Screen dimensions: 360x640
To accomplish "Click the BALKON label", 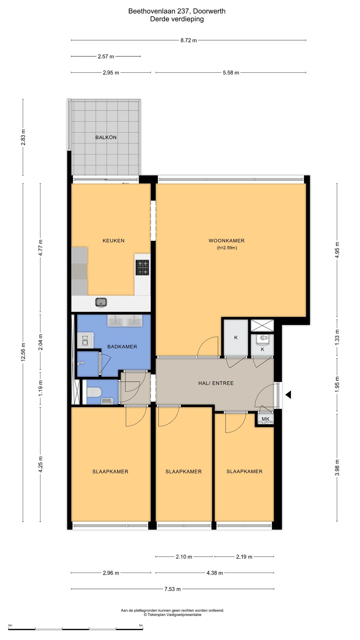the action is pos(106,137).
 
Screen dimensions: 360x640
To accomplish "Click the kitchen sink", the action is pos(101,302).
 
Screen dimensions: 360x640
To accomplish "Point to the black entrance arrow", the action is pos(288,395).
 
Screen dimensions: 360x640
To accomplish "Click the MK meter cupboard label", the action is pos(266,419).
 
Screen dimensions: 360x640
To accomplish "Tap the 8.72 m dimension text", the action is pos(189,40).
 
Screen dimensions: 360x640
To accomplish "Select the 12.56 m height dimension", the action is pos(23,352).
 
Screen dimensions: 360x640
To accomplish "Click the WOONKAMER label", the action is pos(227,241).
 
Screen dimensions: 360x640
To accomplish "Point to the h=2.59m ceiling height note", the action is pos(227,248).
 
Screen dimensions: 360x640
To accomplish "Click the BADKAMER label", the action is pos(122,347).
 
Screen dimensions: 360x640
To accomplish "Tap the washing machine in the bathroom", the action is pos(85,340).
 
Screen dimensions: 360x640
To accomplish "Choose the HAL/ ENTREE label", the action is pos(216,383).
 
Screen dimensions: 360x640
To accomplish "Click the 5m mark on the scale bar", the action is pos(141,625).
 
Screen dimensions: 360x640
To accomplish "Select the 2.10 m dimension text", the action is pos(184,557).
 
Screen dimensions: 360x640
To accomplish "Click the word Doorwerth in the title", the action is pos(209,11).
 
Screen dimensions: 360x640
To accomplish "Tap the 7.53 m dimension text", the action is pos(173,589).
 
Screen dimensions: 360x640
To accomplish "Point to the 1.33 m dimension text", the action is pos(337,337).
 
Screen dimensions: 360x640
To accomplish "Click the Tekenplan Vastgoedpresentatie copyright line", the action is pos(172,615).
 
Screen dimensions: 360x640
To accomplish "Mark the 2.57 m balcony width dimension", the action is pos(106,57).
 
